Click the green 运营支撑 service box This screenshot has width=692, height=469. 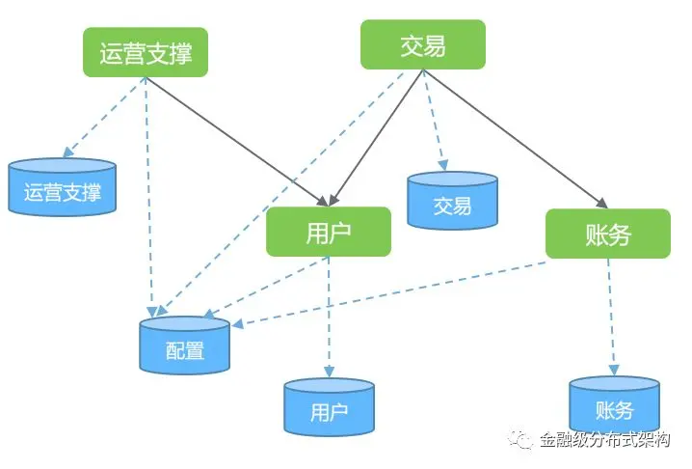pyautogui.click(x=146, y=52)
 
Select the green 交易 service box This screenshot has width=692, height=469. pyautogui.click(x=423, y=45)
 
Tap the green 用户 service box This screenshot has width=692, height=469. pyautogui.click(x=329, y=232)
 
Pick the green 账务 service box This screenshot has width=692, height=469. pyautogui.click(x=607, y=234)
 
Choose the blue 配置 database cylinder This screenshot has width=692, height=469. pyautogui.click(x=185, y=345)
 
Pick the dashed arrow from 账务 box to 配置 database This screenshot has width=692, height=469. pyautogui.click(x=386, y=293)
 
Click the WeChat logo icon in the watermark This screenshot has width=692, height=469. pyautogui.click(x=524, y=440)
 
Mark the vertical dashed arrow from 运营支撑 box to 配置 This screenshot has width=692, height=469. pyautogui.click(x=147, y=193)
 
